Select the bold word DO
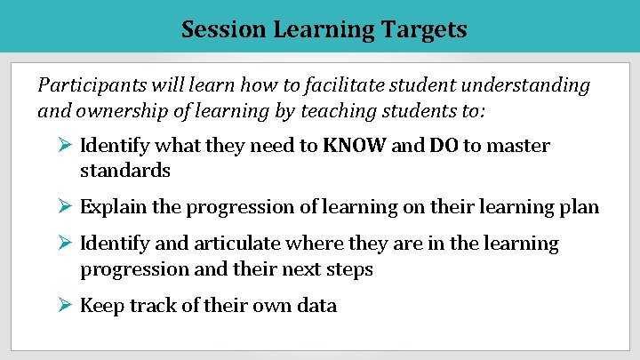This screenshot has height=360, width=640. click(444, 146)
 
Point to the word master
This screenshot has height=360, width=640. click(518, 146)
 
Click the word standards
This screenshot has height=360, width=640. click(125, 170)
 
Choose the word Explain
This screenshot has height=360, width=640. click(111, 207)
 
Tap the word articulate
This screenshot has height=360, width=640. click(246, 244)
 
